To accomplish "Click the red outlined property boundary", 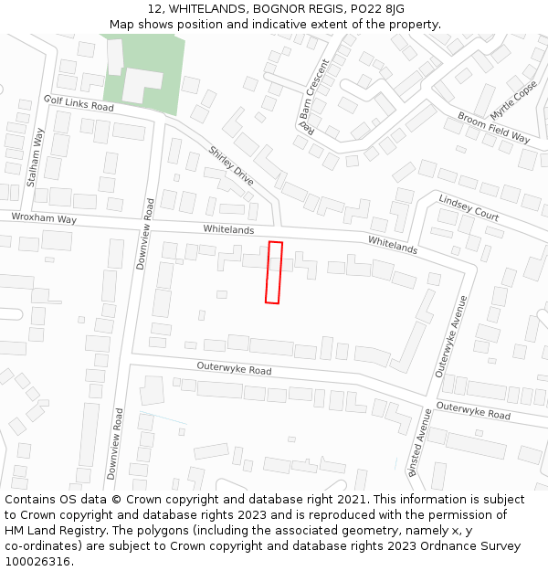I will [x=273, y=272].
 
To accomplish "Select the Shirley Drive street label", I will [x=231, y=165].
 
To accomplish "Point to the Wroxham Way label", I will [x=44, y=218].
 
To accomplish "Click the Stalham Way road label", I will [x=37, y=158].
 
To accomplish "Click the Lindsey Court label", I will [x=469, y=207].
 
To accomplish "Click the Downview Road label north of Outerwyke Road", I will [x=142, y=233].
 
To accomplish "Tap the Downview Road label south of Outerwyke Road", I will [x=114, y=444].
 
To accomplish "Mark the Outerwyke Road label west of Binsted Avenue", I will [x=234, y=369].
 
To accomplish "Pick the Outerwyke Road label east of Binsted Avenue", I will [x=473, y=410].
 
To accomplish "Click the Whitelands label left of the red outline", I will [x=228, y=229].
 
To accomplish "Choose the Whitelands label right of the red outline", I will [x=393, y=244].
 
